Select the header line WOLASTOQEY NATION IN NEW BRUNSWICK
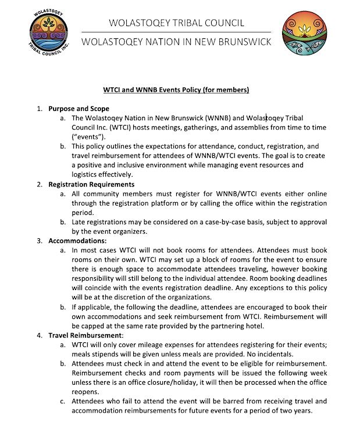point(176,42)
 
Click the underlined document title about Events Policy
point(176,90)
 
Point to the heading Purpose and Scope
point(79,109)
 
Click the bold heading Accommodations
point(78,239)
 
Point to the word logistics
point(86,174)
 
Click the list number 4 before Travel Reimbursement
point(40,335)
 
